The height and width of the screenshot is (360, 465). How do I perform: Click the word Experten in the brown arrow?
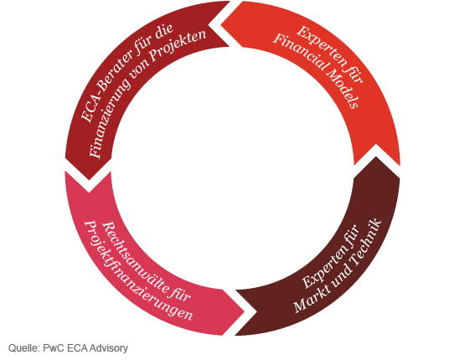click(325, 265)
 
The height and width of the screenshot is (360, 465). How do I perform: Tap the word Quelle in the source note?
click(24, 347)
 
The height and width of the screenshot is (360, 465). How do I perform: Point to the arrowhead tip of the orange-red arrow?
click(376, 145)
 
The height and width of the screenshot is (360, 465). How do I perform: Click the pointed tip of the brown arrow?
click(235, 336)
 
